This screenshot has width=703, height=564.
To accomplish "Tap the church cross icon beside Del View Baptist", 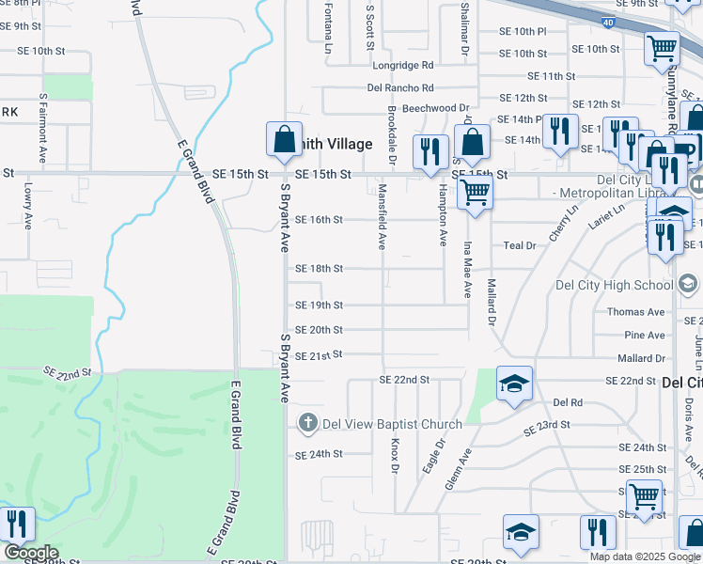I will pos(307,423).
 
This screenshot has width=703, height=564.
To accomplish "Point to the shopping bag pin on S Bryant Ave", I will pos(284,141).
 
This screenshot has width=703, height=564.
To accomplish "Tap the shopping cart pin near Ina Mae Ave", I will pos(476,194).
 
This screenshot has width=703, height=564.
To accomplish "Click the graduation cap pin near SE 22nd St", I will pos(514,384).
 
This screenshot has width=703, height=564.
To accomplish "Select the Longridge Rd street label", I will pos(403,66).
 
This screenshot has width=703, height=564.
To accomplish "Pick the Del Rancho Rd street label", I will pos(400,88).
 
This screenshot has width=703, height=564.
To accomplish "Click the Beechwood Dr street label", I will pos(435,109).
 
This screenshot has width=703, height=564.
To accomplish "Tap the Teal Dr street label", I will pos(519,245).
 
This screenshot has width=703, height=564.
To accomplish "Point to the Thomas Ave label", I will pos(635,312).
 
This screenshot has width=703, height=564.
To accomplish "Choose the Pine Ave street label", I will pos(644,336).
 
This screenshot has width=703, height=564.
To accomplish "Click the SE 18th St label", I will pos(320,268).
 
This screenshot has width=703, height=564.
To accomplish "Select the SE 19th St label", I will pos(320,305).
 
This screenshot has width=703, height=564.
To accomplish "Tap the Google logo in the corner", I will pos(30,553).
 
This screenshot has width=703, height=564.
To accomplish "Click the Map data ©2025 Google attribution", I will pos(644,556).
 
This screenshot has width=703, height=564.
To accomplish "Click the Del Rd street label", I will pos(568,402).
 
